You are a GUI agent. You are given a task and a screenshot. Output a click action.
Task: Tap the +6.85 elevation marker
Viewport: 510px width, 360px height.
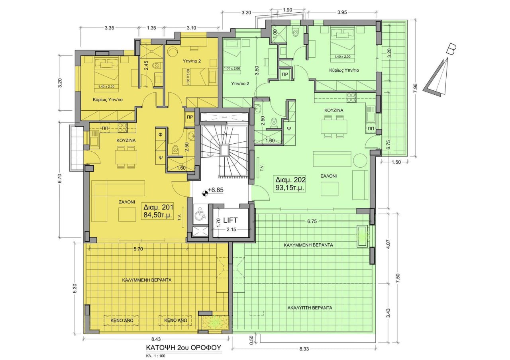tap(215, 190)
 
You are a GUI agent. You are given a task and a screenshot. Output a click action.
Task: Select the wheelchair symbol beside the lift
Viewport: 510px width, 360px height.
tap(200, 215)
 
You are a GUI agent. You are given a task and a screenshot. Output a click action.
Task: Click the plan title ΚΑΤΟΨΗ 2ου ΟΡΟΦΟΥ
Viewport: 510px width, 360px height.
tap(183, 347)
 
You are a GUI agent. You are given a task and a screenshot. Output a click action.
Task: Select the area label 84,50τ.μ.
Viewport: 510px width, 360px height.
tap(159, 215)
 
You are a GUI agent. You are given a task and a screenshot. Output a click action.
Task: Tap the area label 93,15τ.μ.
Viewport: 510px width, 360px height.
tap(290, 187)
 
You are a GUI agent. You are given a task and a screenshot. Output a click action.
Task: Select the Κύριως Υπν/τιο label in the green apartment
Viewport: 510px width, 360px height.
tap(344, 70)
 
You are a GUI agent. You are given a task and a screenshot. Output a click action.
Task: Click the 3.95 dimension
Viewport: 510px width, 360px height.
tap(341, 12)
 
